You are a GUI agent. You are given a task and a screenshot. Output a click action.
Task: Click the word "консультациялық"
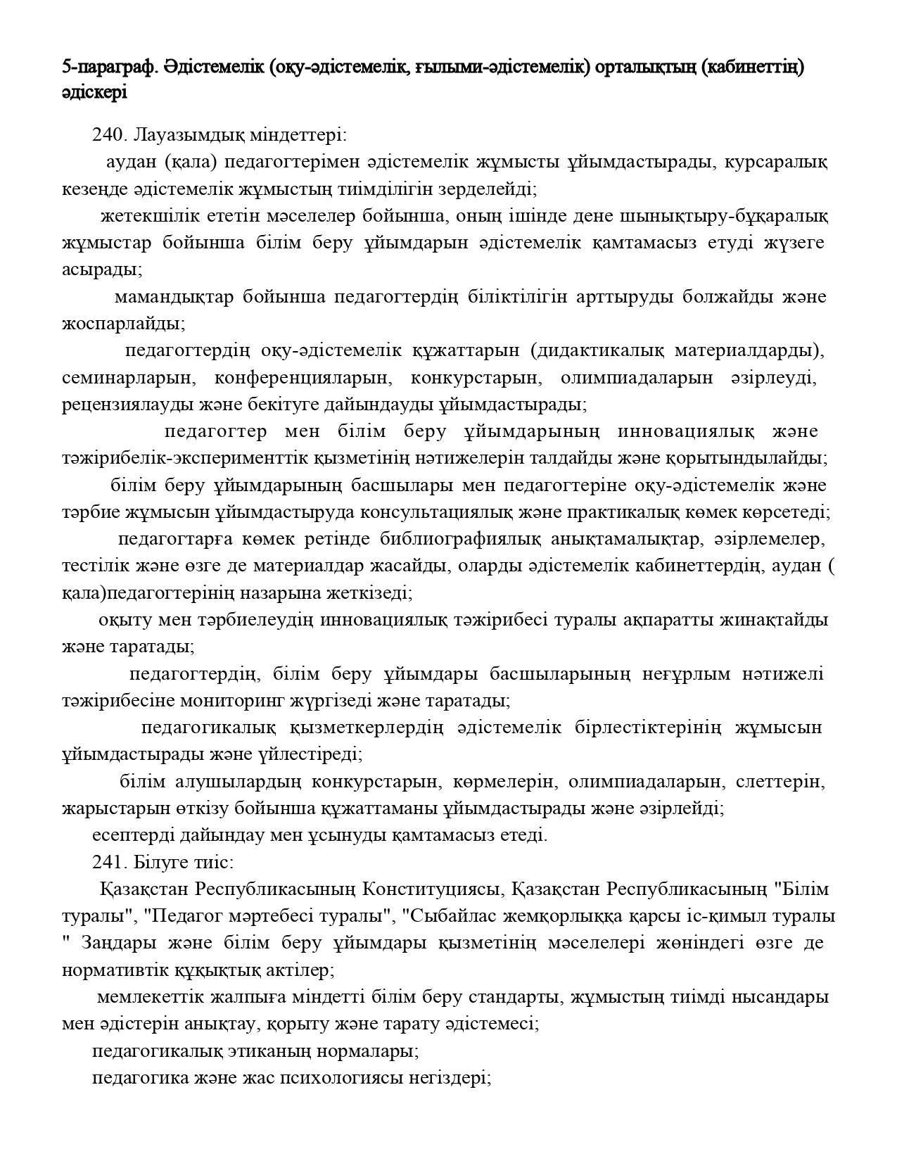click(438, 512)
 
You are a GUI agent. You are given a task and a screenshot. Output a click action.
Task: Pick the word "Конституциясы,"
click(432, 889)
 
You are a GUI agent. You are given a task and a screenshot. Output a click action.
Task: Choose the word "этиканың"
click(272, 1051)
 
